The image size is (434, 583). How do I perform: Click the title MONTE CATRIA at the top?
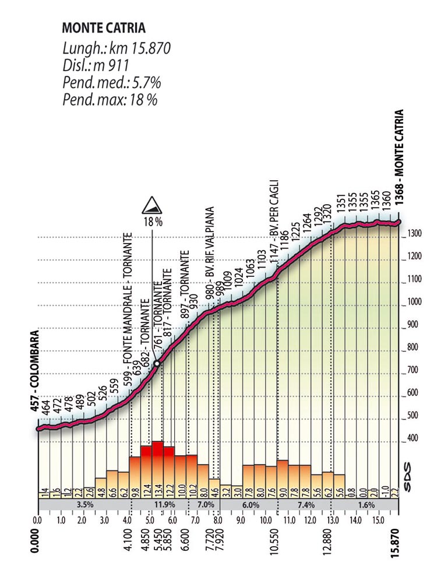103,27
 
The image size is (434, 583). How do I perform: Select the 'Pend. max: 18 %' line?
110,99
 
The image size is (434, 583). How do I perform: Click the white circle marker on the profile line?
156,363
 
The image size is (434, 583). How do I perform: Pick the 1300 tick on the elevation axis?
415,234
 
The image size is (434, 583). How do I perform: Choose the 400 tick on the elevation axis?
413,438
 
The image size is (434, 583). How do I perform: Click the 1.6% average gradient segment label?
366,504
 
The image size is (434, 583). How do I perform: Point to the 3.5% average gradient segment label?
84,504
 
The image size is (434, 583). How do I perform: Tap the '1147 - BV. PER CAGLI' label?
273,224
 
